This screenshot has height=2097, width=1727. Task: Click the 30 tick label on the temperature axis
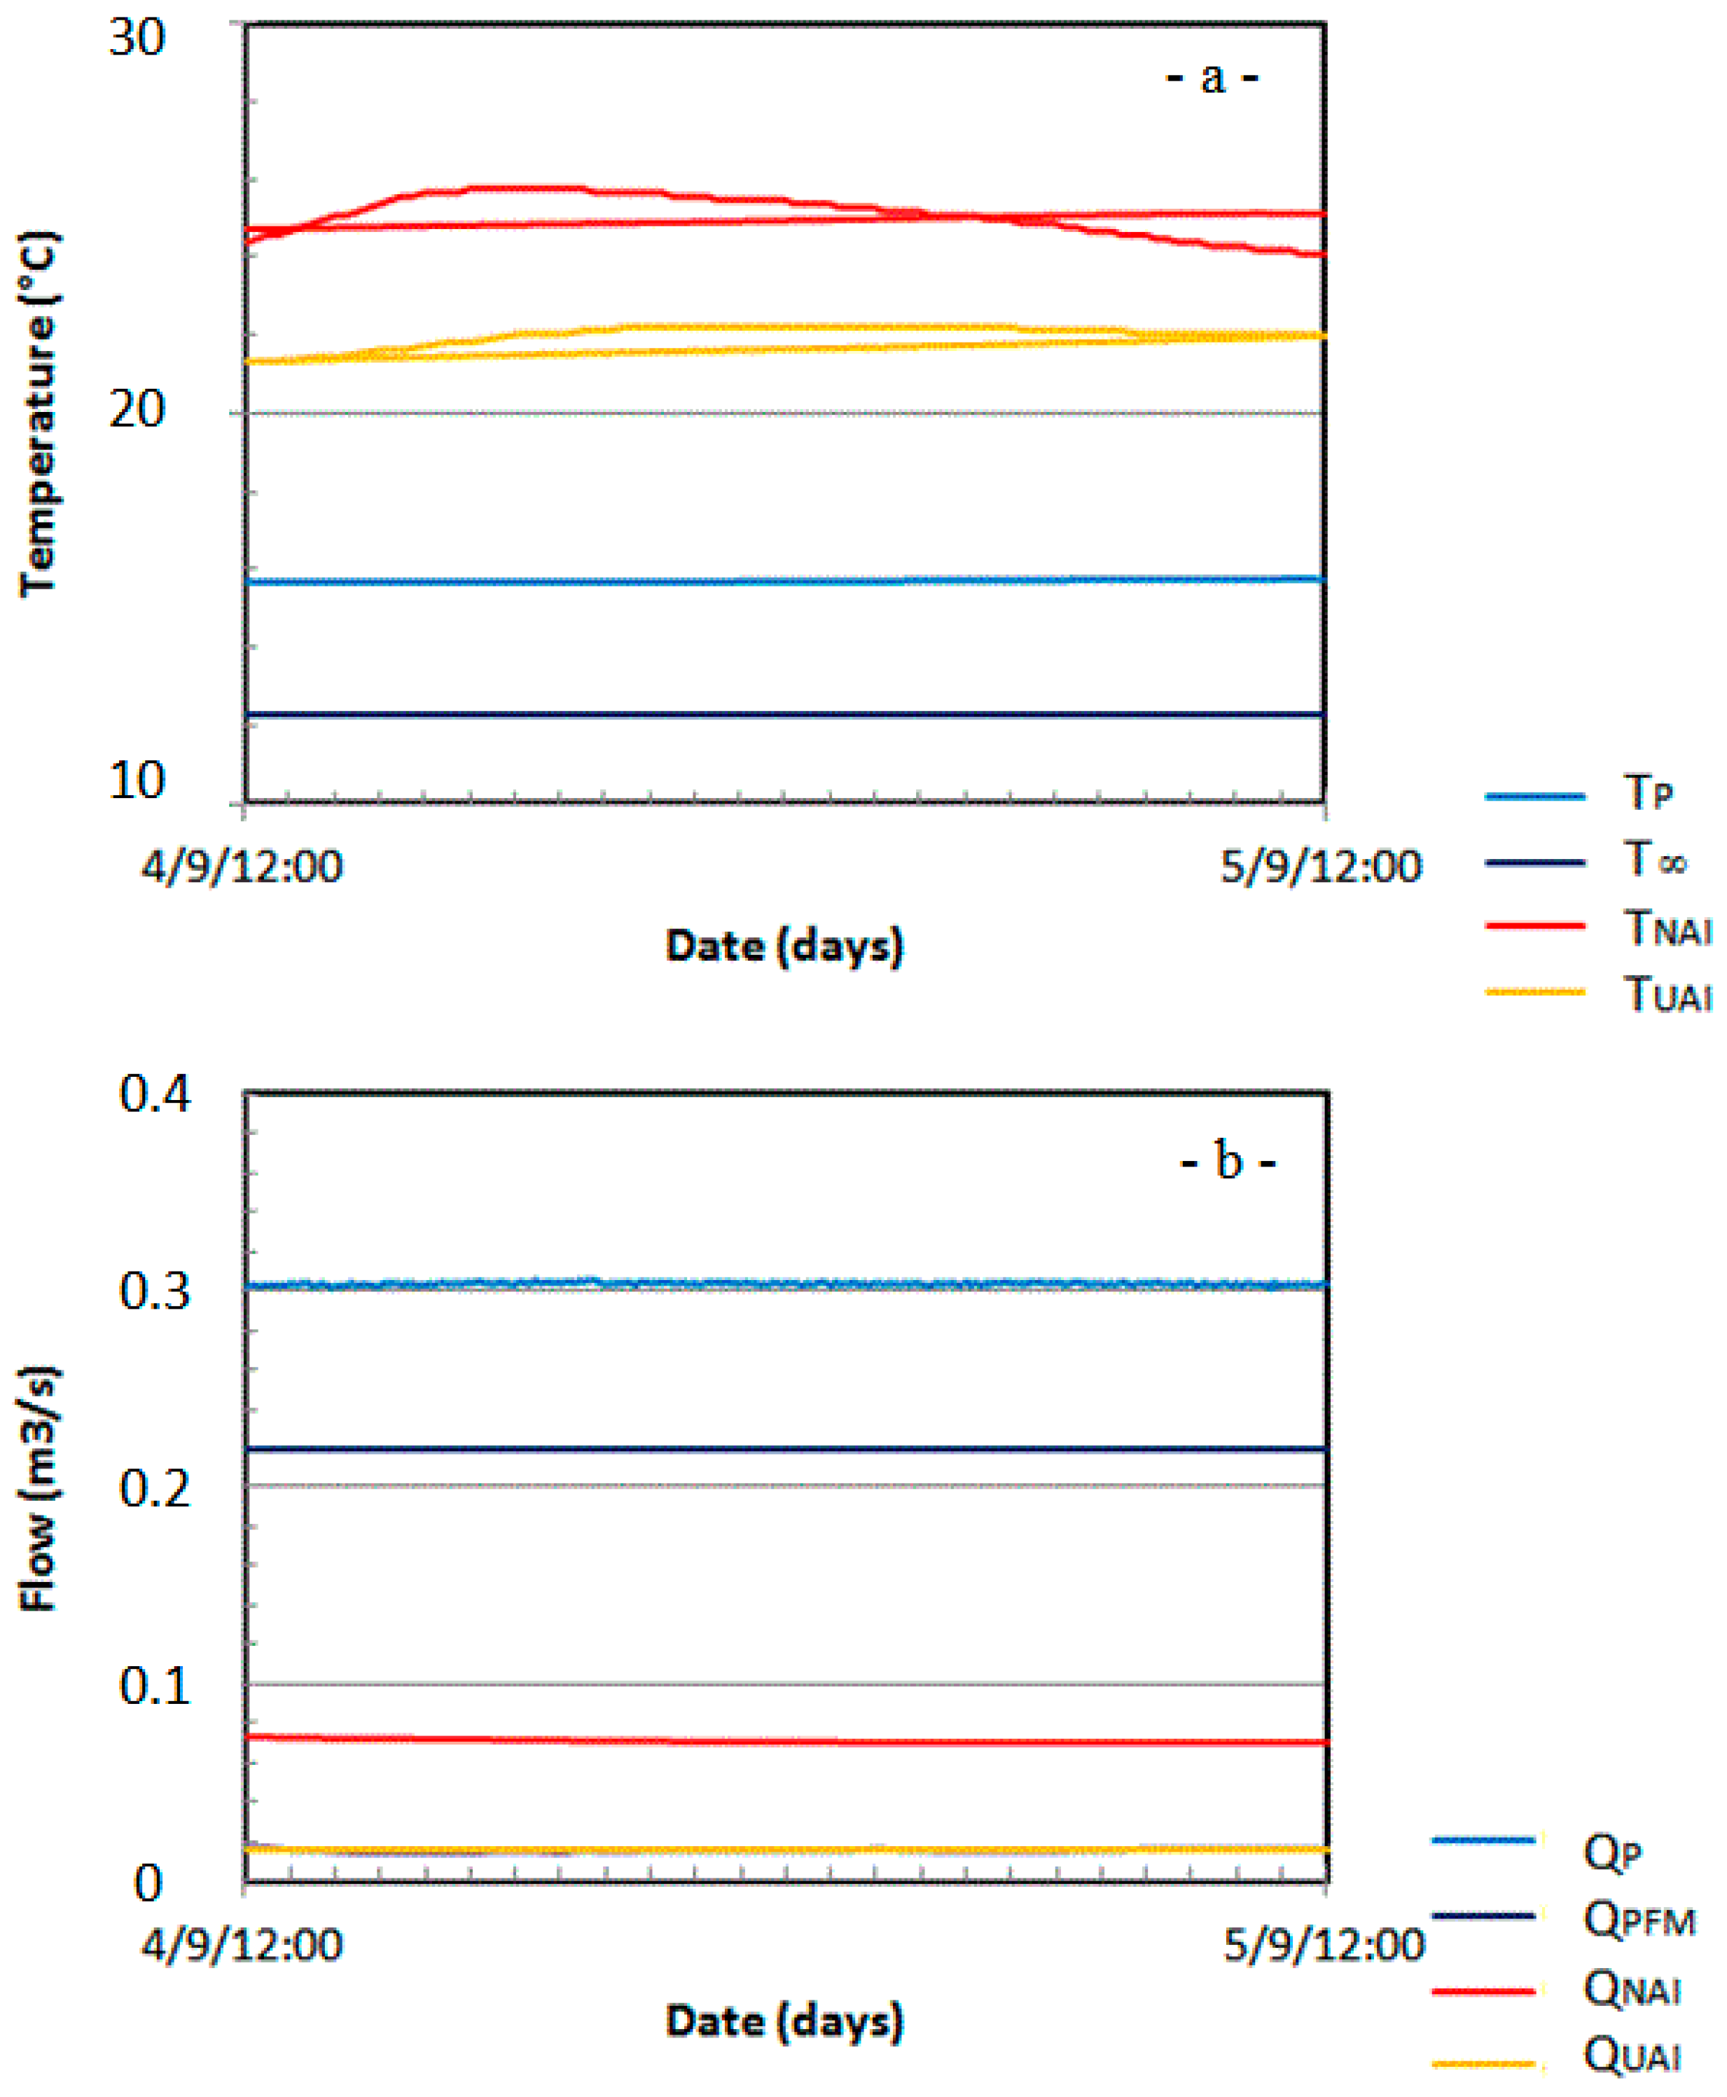click(x=137, y=40)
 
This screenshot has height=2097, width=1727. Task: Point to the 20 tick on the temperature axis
click(x=137, y=410)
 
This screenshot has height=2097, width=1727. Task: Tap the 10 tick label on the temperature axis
click(x=137, y=781)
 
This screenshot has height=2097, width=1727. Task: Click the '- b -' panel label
click(x=1228, y=1162)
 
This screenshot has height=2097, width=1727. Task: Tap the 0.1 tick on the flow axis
click(x=154, y=1686)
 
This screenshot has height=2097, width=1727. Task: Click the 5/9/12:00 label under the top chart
click(x=1321, y=867)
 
